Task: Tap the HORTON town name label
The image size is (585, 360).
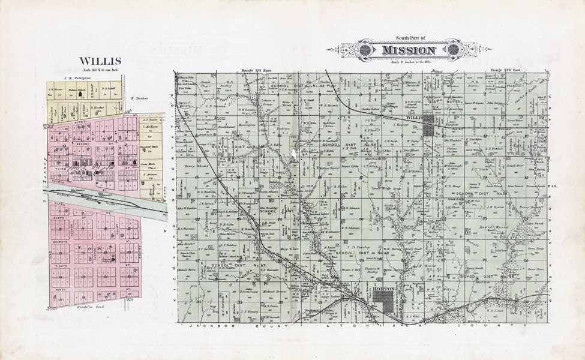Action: click(x=383, y=290)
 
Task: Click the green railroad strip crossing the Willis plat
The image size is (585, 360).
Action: click(x=102, y=199)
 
